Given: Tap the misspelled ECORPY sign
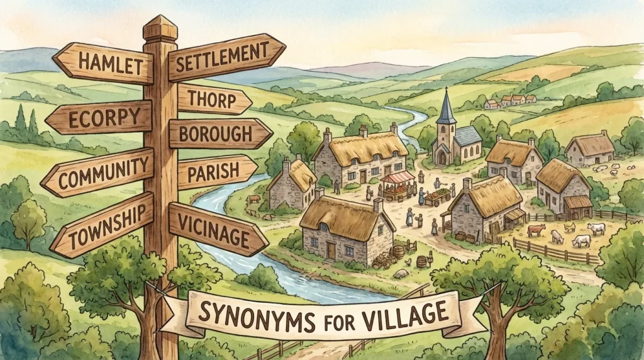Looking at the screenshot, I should tap(101, 118).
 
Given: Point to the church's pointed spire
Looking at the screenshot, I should tap(447, 107).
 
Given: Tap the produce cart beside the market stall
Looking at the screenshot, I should tap(438, 197).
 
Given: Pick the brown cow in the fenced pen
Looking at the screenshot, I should tap(536, 230).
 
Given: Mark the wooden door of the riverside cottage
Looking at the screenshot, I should tap(331, 250).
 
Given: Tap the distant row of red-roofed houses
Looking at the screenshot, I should tap(510, 100).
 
